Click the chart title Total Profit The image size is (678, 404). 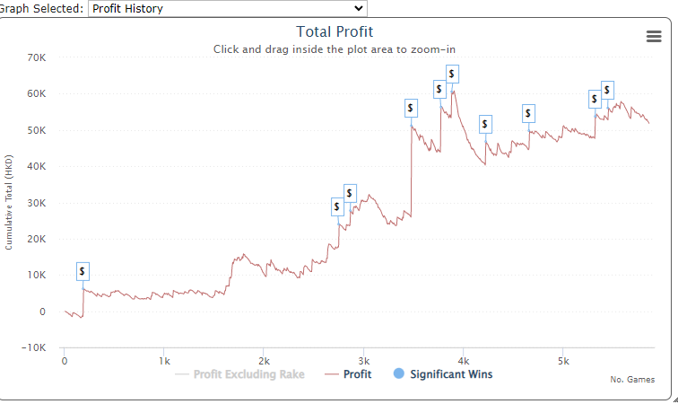(x=335, y=32)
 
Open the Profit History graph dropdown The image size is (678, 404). (x=228, y=8)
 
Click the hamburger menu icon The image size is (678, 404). (x=654, y=36)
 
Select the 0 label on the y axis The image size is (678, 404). (x=42, y=312)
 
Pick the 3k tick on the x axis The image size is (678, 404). (x=363, y=360)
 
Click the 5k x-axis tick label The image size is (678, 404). (x=562, y=360)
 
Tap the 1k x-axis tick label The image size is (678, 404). (x=164, y=360)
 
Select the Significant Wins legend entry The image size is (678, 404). (x=451, y=374)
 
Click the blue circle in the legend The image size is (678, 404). (x=399, y=373)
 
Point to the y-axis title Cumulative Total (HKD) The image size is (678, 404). (x=9, y=202)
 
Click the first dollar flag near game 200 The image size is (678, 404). (x=83, y=271)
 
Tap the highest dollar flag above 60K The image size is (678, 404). (x=452, y=74)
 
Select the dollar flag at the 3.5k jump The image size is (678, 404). (x=411, y=109)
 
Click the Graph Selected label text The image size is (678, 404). (x=42, y=8)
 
